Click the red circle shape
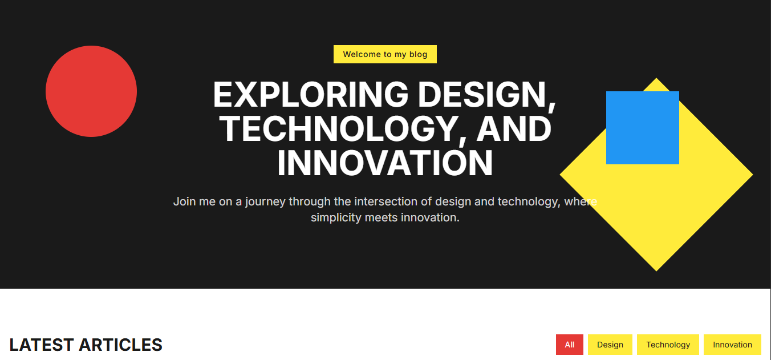point(91,91)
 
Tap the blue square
point(643,128)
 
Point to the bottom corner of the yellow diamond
point(656,271)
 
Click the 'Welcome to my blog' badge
point(385,54)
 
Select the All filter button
point(570,345)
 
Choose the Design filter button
point(610,345)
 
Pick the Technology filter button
point(668,345)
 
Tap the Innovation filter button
point(732,345)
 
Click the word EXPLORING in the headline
point(310,94)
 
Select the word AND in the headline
point(514,128)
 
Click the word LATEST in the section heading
point(41,345)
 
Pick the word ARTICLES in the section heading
point(120,345)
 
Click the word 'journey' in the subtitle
point(265,202)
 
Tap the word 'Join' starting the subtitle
point(185,201)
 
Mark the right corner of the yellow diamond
point(753,175)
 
